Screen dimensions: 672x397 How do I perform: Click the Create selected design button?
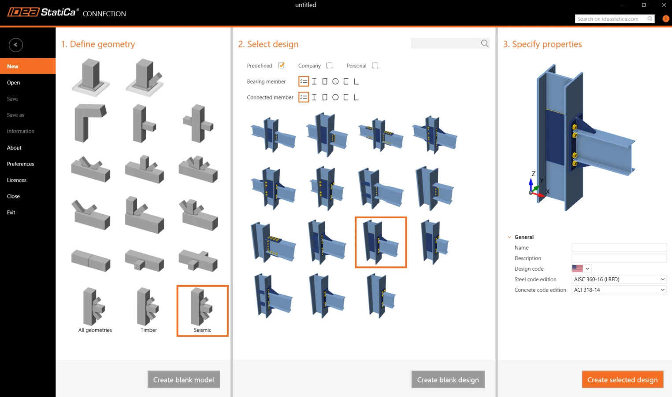(x=622, y=380)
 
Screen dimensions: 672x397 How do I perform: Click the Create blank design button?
(x=448, y=380)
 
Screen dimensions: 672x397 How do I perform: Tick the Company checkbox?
(x=329, y=65)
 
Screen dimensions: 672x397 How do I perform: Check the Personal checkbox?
(x=375, y=65)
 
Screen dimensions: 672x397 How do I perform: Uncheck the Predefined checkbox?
(x=281, y=65)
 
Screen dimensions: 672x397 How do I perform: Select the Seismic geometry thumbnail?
(x=203, y=311)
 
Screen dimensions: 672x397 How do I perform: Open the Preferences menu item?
(x=20, y=164)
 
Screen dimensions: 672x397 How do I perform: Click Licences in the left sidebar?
(x=17, y=180)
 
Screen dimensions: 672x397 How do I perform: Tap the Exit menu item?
(x=11, y=213)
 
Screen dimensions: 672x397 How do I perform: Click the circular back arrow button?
(x=15, y=45)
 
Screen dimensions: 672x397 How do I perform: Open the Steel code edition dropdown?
(x=619, y=279)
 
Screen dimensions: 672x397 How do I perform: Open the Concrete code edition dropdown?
(x=619, y=290)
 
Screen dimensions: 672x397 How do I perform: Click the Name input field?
(x=619, y=247)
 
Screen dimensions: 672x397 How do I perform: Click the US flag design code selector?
(x=581, y=268)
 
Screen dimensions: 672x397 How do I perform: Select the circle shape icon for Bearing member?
(x=335, y=81)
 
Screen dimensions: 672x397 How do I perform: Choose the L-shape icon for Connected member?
(x=356, y=97)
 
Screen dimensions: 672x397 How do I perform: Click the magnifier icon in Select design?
(x=484, y=44)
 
